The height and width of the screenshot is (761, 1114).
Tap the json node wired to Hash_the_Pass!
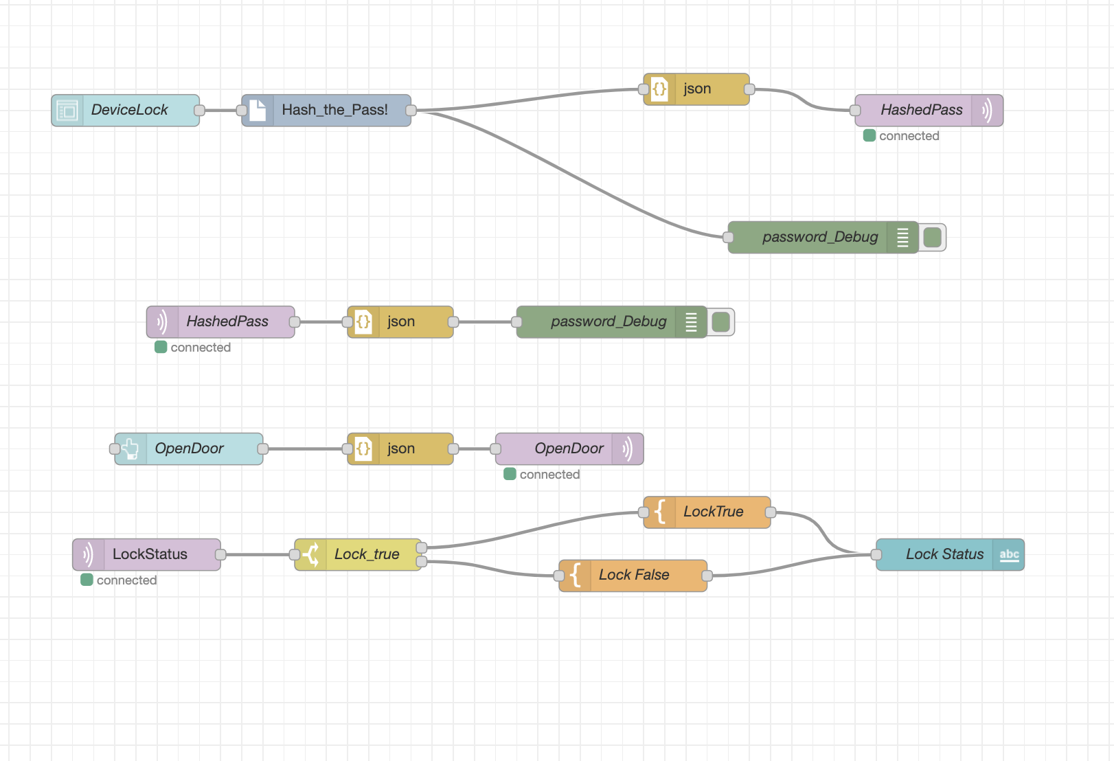point(696,89)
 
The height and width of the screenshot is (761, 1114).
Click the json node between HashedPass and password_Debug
point(400,321)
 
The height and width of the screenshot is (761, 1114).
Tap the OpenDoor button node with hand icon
point(189,448)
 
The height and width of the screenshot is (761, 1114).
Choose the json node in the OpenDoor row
point(400,448)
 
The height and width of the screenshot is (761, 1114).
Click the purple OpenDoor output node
point(569,448)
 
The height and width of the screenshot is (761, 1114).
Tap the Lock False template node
point(633,575)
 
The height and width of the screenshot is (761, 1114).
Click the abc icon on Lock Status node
point(1009,554)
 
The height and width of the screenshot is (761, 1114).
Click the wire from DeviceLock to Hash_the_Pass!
point(220,110)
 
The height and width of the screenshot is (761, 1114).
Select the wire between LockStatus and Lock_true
point(258,554)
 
